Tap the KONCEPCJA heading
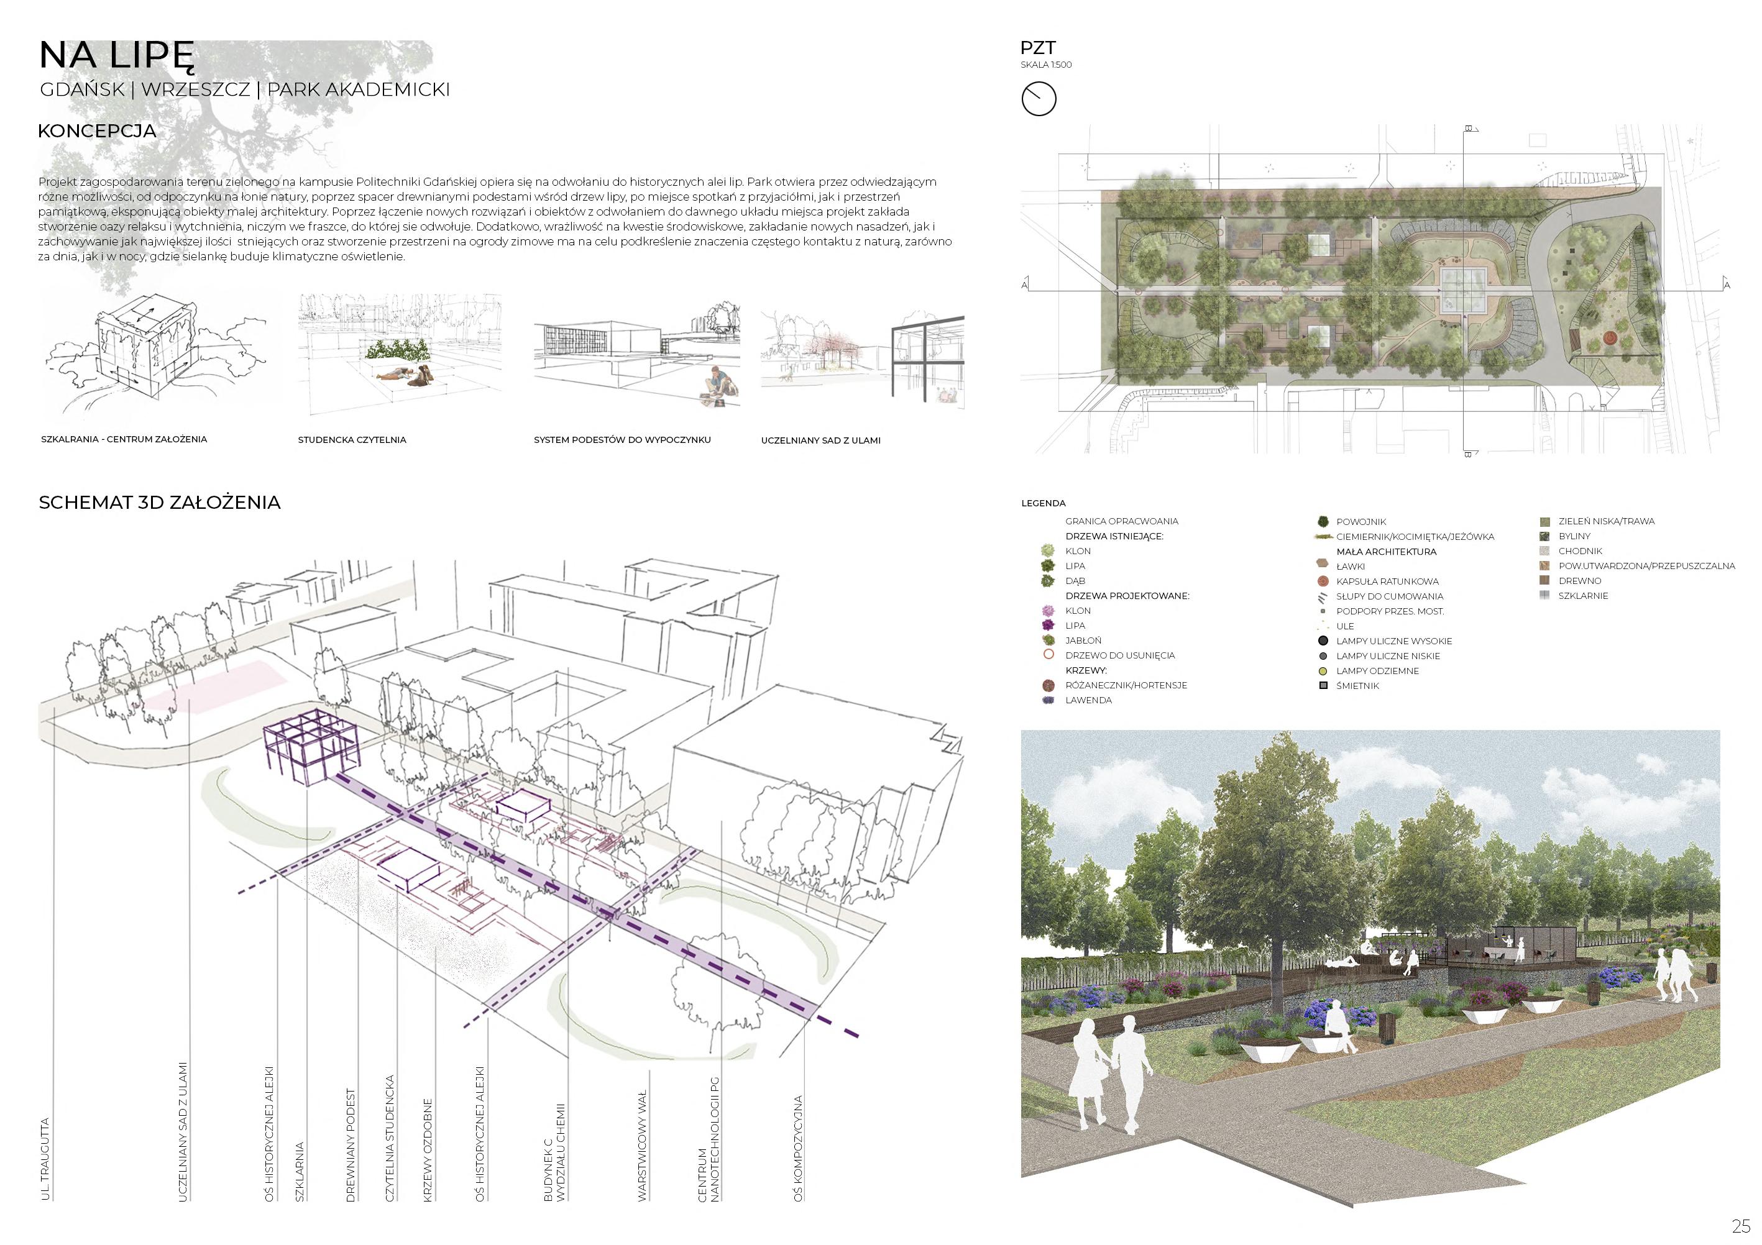97,131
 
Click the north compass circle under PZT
1039,99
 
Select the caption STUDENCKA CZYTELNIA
352,440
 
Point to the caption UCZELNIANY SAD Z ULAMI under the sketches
820,441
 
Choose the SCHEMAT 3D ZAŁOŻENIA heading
160,503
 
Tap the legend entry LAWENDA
1088,700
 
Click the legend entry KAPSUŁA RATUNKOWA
1387,581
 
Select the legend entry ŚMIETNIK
1357,686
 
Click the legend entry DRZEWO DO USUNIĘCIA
1120,656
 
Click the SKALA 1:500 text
1046,65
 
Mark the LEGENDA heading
1043,504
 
